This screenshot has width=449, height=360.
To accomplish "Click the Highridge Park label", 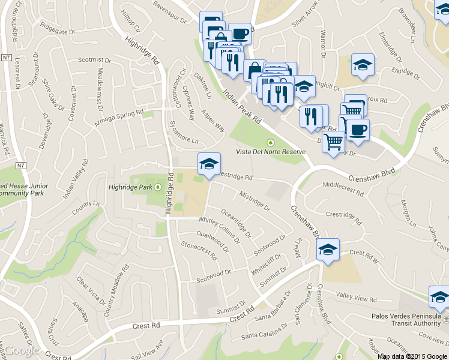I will [x=128, y=187].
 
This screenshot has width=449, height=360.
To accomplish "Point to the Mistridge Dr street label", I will [x=255, y=202].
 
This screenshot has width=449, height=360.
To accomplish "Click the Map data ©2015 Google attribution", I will [x=412, y=356].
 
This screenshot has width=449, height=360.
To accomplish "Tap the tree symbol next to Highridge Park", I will [x=158, y=187].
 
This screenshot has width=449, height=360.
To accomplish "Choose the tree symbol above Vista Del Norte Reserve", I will [x=270, y=142].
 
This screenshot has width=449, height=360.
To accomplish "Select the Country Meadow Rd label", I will [x=118, y=292].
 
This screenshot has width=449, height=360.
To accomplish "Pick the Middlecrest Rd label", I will [x=343, y=189].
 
